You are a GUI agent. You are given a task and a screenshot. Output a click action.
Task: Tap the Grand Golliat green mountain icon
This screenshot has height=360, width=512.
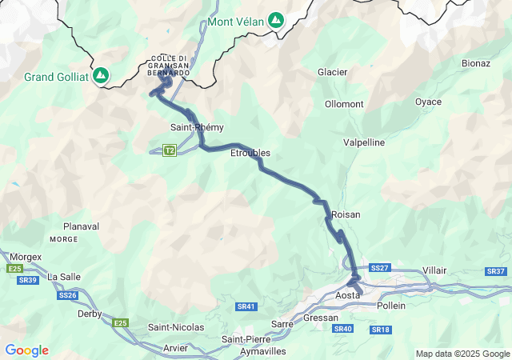101,76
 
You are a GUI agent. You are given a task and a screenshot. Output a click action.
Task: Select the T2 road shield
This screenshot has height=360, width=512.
169,150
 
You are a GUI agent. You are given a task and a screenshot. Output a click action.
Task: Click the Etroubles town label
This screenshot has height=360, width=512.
250,153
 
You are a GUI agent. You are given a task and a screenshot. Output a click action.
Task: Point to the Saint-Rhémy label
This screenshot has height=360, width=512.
197,127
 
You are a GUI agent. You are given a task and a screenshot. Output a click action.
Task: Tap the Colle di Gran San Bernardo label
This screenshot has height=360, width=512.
170,65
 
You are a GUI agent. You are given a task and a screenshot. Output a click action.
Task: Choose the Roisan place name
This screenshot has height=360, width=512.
346,214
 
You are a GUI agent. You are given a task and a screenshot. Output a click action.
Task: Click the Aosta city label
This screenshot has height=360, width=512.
348,295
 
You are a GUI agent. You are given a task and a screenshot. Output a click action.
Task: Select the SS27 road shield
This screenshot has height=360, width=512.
380,268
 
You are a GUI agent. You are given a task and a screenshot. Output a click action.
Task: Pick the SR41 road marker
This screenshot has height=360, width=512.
246,306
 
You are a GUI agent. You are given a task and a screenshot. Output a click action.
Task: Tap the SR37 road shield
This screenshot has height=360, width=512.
495,272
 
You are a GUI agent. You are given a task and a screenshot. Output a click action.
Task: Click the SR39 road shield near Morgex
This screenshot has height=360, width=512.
27,280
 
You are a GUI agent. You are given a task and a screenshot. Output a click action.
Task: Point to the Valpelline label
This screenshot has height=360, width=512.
364,142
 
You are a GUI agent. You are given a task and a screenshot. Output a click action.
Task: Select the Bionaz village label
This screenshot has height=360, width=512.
476,62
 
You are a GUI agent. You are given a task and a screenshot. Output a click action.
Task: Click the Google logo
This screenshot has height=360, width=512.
26,350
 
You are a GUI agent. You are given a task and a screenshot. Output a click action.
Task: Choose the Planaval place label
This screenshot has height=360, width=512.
81,226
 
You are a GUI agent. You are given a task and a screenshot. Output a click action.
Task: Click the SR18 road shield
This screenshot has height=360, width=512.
380,330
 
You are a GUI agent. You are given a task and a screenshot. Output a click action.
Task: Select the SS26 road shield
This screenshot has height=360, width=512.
68,295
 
